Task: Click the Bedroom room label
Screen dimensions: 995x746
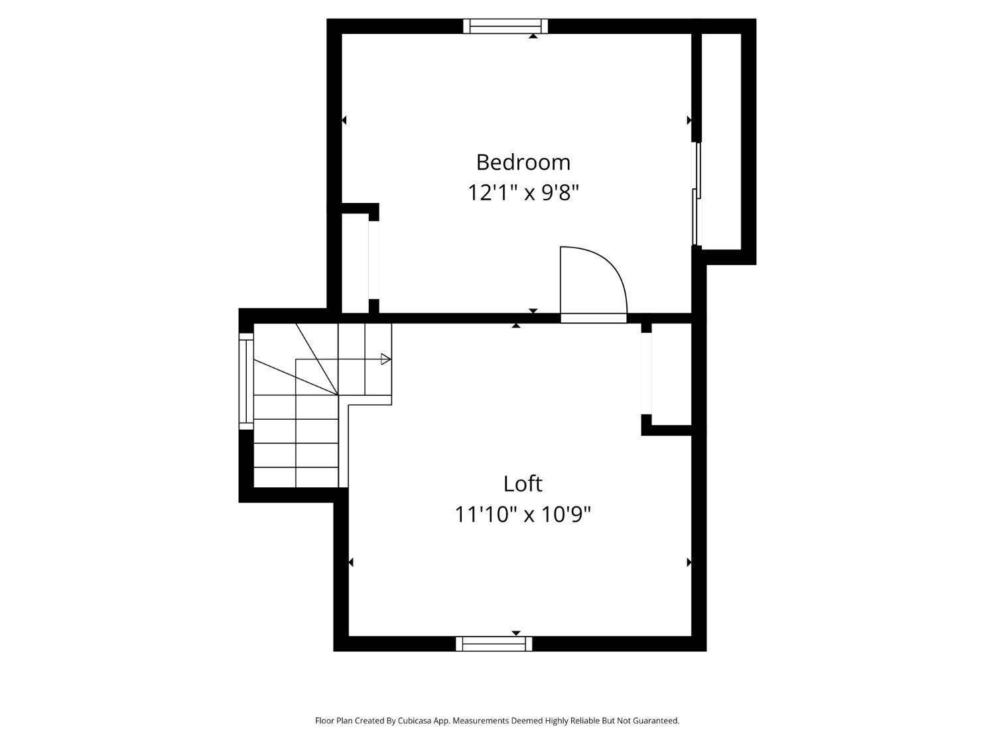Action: (523, 162)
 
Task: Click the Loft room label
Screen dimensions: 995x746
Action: (522, 484)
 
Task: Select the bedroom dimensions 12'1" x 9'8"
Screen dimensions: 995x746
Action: (523, 193)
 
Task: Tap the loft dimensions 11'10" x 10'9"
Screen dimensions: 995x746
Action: (523, 515)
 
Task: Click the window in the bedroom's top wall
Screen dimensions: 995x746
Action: (505, 27)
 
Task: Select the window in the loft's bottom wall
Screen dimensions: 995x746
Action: (494, 644)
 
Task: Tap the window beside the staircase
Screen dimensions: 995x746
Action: (246, 381)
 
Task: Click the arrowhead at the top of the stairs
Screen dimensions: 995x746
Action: (385, 359)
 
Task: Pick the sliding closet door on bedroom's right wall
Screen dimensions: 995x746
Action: (696, 194)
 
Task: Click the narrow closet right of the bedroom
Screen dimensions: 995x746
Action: (721, 141)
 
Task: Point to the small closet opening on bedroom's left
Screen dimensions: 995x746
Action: (373, 259)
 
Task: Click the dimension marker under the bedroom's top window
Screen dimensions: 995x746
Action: (533, 36)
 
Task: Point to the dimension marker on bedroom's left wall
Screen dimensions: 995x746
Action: (344, 120)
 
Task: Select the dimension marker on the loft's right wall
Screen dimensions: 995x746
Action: (689, 562)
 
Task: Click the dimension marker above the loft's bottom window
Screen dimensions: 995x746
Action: (516, 633)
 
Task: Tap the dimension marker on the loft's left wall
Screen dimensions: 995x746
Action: (351, 562)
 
